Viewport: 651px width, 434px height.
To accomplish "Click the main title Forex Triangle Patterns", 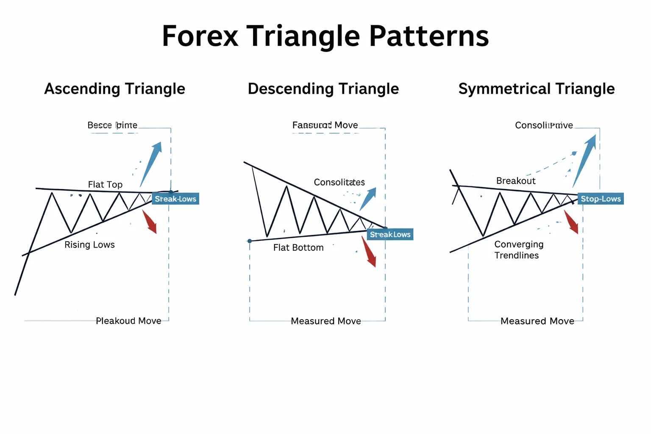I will point(325,36).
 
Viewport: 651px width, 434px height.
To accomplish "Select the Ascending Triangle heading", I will point(114,89).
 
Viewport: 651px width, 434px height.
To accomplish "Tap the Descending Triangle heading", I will point(323,89).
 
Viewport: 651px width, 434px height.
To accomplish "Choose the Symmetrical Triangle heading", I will point(536,89).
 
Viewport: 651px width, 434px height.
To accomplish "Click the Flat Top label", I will point(105,184).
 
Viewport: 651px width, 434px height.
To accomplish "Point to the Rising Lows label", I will point(89,245).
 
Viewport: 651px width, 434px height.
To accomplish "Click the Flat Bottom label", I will point(298,248).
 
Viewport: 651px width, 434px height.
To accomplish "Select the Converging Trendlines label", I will point(518,250).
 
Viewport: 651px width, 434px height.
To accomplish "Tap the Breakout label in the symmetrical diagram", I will point(515,181).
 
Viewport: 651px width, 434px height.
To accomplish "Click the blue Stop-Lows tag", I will point(600,199).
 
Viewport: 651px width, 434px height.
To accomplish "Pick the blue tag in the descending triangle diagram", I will point(390,234).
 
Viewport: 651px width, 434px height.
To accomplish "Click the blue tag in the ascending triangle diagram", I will point(175,199).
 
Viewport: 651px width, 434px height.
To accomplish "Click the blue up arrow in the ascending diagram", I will point(152,163).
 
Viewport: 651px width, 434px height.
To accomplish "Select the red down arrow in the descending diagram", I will point(369,252).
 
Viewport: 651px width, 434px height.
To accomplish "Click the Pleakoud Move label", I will point(128,321).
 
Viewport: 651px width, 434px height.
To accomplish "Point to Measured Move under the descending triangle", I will point(325,321).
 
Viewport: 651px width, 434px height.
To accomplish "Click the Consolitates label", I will point(339,182).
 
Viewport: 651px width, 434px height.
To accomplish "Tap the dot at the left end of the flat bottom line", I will point(250,241).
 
